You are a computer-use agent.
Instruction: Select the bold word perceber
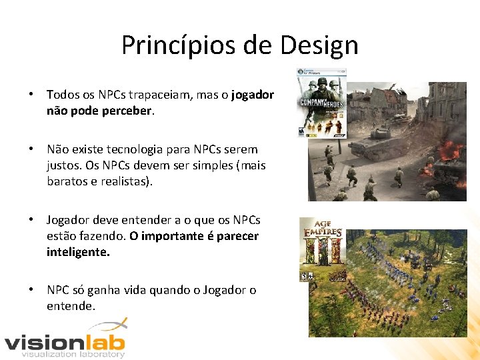(127, 111)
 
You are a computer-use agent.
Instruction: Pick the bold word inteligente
(77, 252)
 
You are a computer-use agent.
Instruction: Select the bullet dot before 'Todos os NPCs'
(31, 95)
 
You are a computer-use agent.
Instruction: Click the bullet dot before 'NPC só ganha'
(31, 291)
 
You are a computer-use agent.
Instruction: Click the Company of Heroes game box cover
(322, 103)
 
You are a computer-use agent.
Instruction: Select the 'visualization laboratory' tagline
(73, 355)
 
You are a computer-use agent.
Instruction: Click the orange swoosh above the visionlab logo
(108, 326)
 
